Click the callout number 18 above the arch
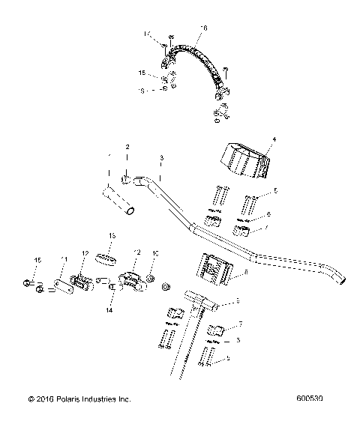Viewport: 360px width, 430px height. (201, 28)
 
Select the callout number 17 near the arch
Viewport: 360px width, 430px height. (148, 33)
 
